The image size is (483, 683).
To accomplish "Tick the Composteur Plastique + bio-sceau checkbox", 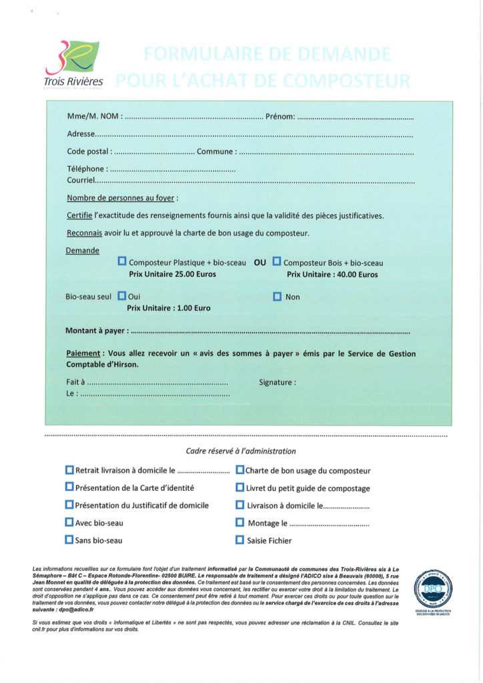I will [x=122, y=261].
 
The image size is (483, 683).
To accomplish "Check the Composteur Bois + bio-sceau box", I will [x=277, y=261].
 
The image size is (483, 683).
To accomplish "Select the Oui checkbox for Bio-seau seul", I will [x=122, y=295].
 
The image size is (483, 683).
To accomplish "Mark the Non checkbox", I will [x=278, y=296].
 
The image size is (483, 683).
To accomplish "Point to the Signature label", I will [x=277, y=382].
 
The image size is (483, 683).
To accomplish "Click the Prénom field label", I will [x=280, y=117].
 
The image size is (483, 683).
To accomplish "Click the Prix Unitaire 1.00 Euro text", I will [x=169, y=308].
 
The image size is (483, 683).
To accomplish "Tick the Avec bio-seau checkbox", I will [x=69, y=522].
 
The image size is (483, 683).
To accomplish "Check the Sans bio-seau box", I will [x=69, y=540].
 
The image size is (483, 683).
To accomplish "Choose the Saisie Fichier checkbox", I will [x=240, y=540].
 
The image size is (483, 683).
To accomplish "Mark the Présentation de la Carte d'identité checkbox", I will [x=69, y=488].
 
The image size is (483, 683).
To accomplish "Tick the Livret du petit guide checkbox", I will [x=240, y=488].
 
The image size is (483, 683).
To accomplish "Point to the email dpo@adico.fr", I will [x=76, y=609].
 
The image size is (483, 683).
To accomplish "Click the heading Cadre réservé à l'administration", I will [x=241, y=451].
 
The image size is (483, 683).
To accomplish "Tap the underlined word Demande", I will [x=83, y=251].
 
